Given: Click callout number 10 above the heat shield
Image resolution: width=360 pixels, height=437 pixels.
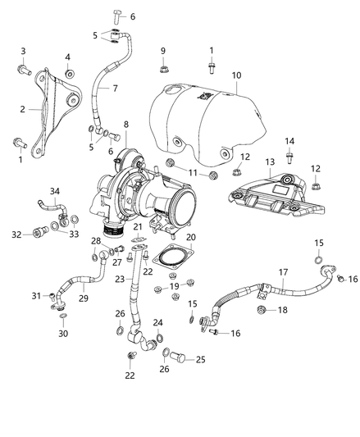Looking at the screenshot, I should (x=236, y=75).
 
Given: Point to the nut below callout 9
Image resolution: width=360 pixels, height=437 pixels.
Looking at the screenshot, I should (x=163, y=68).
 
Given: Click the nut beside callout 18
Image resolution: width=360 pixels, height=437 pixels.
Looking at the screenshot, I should (x=262, y=309).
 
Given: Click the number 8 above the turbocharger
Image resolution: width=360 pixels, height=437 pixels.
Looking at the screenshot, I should (x=125, y=125).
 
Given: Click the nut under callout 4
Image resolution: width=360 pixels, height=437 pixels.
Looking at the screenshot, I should (x=67, y=73).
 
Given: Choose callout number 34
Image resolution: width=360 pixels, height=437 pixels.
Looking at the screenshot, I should (x=55, y=192).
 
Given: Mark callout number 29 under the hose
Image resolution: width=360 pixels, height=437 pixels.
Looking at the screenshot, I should (x=84, y=300).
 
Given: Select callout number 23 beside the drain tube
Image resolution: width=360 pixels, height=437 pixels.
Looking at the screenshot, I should (x=121, y=279).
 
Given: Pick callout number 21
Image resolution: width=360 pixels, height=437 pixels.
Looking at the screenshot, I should (x=139, y=226).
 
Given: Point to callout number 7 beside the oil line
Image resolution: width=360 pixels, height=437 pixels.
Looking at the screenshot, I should (x=115, y=88).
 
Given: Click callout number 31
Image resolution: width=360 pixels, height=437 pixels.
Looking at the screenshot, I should (x=34, y=296).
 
